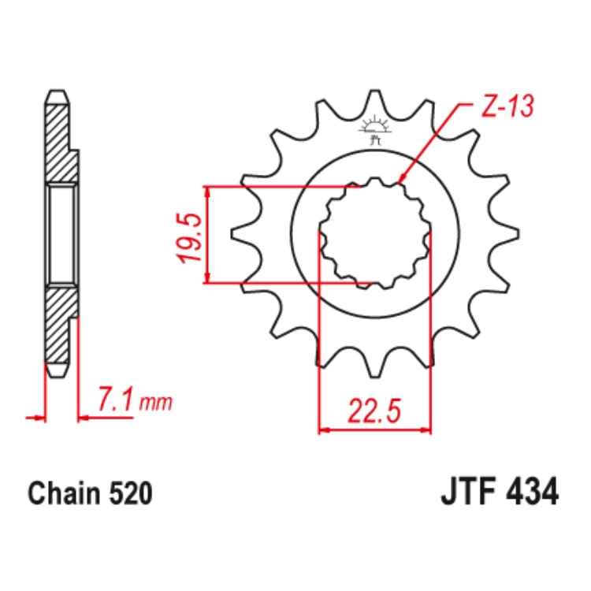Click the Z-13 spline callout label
[x=507, y=106]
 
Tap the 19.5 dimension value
[x=188, y=237]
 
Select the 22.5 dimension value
[x=374, y=411]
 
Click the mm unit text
[x=156, y=403]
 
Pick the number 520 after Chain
[x=131, y=493]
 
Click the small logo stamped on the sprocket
[x=374, y=130]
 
